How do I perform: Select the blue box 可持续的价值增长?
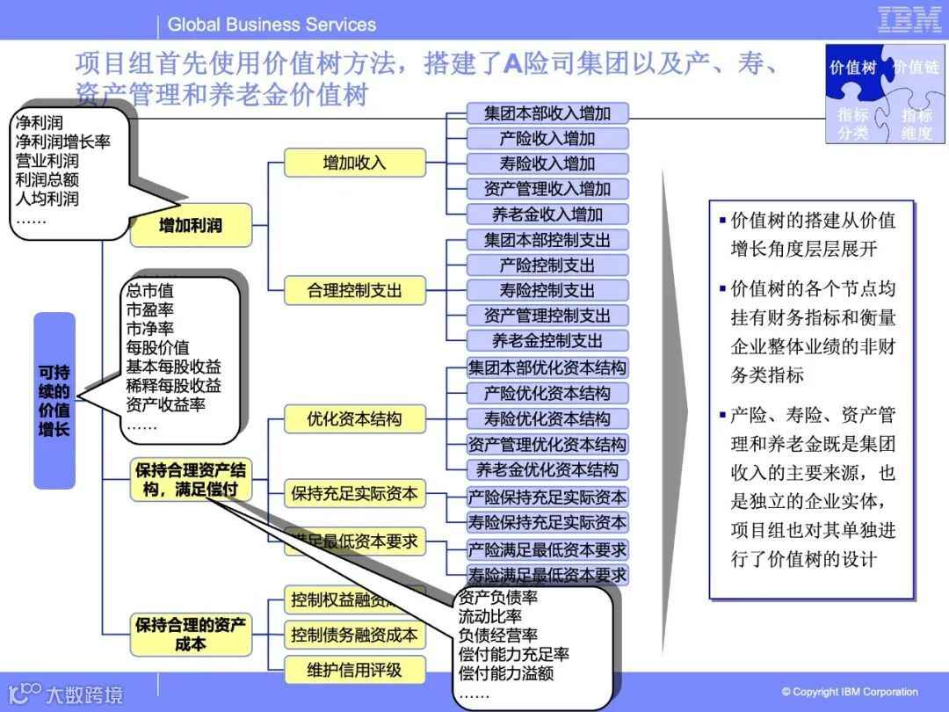coord(54,400)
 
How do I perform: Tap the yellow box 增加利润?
coord(191,225)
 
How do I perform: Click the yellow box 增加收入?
coord(354,163)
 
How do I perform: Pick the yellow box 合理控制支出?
coord(354,290)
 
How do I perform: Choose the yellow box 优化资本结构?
coord(354,419)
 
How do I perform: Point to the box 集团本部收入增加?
coord(547,113)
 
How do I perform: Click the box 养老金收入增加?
coord(547,214)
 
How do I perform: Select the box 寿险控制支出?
coord(547,290)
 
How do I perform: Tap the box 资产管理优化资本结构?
coord(547,444)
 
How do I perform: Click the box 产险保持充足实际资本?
coord(547,497)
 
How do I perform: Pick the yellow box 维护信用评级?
coord(354,670)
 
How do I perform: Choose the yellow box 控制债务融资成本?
coord(354,635)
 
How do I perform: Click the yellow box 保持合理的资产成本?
coord(191,635)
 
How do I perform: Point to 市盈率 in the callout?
coord(149,309)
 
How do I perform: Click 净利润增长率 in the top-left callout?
coord(62,141)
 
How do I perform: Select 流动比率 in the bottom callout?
coord(489,616)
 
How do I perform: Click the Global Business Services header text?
coord(272,25)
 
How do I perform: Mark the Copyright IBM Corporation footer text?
coord(850,692)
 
